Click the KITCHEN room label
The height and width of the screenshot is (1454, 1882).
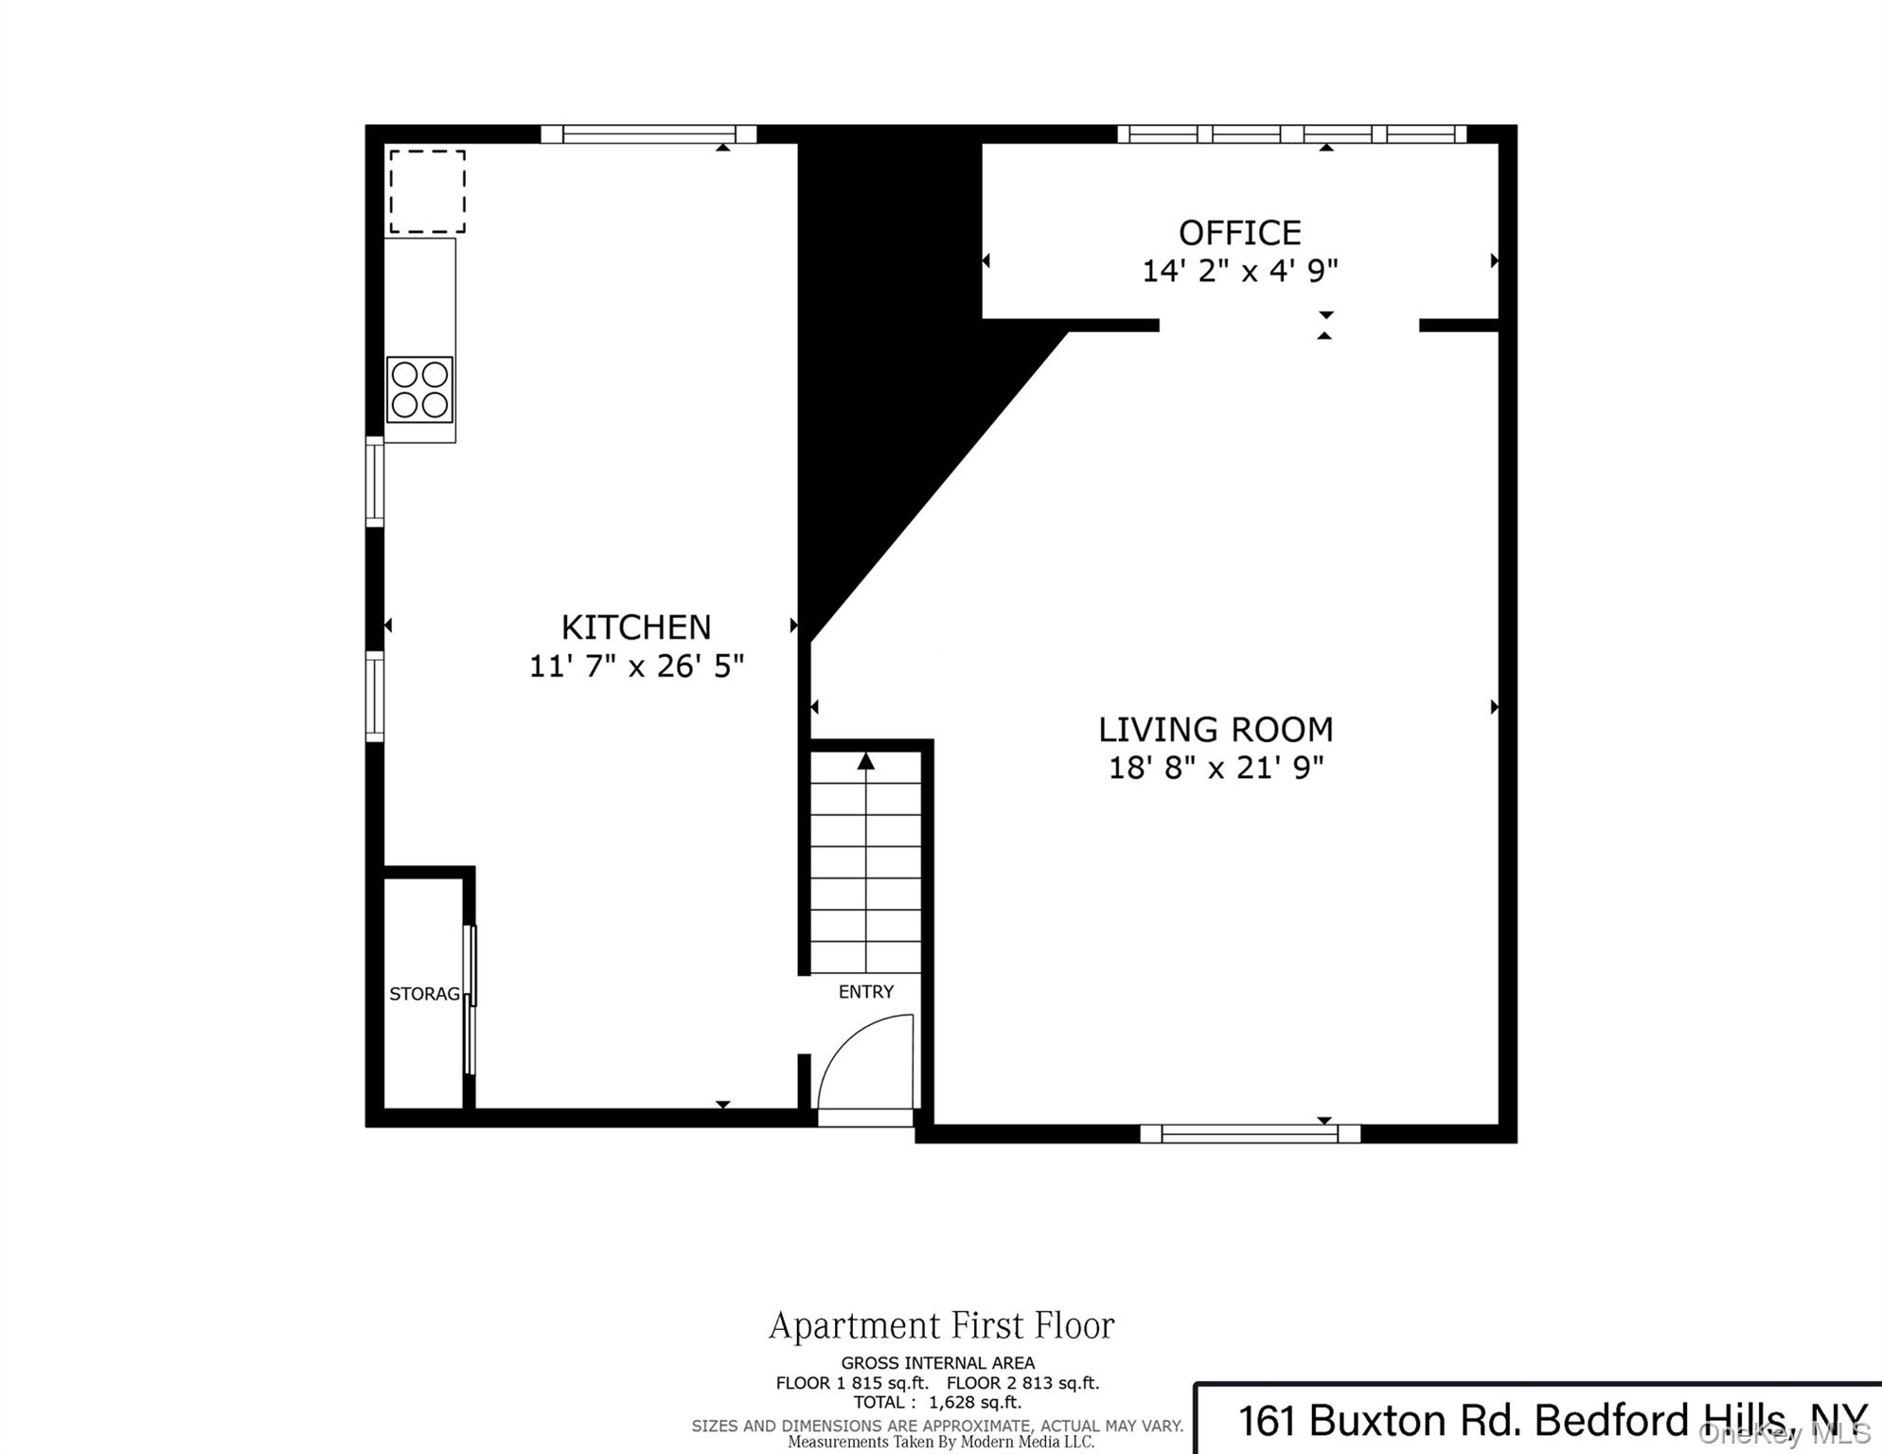(635, 627)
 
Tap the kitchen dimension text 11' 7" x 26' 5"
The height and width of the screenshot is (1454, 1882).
(635, 666)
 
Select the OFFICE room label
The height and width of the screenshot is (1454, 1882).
(1238, 232)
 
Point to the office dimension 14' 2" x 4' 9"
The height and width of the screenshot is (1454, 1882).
(1238, 271)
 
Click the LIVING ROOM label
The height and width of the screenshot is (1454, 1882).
(1215, 729)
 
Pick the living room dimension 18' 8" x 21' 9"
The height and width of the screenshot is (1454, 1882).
(1215, 768)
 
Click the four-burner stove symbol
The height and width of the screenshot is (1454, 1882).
(419, 389)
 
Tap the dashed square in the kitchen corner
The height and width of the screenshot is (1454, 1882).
(427, 191)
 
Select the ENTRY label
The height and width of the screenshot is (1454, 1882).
(865, 991)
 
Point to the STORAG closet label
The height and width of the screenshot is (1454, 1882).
(424, 993)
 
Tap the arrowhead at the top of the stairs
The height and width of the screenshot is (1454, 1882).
(865, 761)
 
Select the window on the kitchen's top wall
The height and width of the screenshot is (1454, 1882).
(648, 133)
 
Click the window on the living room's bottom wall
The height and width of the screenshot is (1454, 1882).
(1249, 1133)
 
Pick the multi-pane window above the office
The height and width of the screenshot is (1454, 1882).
(1291, 133)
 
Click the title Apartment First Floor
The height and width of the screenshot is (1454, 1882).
(941, 1325)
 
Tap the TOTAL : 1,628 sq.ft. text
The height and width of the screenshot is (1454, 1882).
(936, 1402)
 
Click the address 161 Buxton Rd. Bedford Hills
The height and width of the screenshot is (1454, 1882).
(1515, 1420)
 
